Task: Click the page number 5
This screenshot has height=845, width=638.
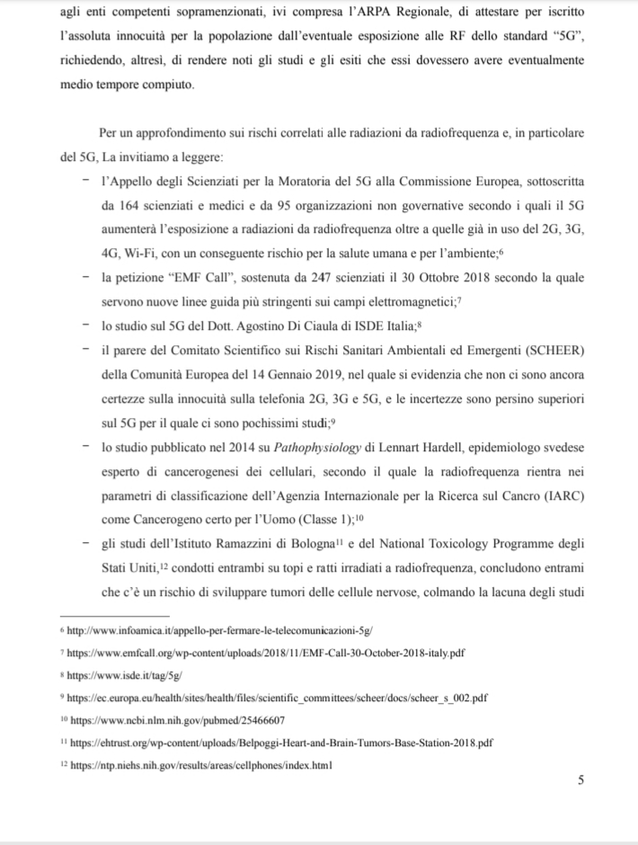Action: coord(580,779)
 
